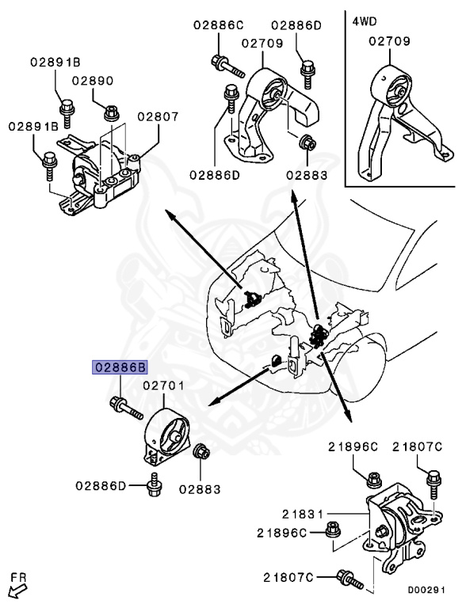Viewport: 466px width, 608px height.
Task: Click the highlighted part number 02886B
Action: click(121, 368)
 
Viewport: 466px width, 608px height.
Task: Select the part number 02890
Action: click(94, 81)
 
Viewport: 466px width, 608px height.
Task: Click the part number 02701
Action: click(164, 386)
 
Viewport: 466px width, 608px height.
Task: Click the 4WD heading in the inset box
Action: click(364, 21)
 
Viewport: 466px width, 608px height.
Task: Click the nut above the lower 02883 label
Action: click(202, 453)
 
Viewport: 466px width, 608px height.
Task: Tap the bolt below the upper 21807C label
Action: click(433, 482)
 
